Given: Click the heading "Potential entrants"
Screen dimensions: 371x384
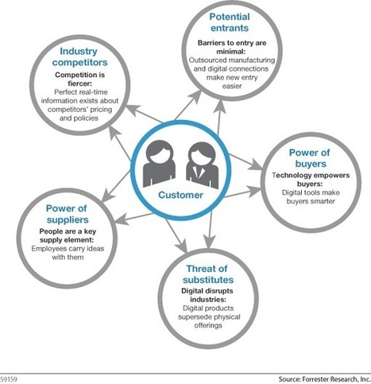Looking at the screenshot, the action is pyautogui.click(x=230, y=22).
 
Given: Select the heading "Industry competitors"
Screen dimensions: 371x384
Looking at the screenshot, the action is pyautogui.click(x=79, y=56).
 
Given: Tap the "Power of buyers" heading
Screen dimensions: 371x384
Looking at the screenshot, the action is pyautogui.click(x=310, y=158).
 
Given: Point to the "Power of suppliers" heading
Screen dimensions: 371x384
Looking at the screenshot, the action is pyautogui.click(x=67, y=214).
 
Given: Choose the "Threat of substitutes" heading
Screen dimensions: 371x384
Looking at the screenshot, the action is pyautogui.click(x=207, y=274).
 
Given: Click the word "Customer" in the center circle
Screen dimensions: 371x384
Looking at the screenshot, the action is pyautogui.click(x=180, y=195).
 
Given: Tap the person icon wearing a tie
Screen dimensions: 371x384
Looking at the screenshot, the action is pyautogui.click(x=203, y=165).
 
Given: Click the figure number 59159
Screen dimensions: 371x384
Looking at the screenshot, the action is pyautogui.click(x=9, y=379).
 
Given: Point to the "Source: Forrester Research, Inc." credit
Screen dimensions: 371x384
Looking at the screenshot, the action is pyautogui.click(x=324, y=379).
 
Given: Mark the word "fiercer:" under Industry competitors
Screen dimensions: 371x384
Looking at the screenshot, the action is pyautogui.click(x=79, y=83).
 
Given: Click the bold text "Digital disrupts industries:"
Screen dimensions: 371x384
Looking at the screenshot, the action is pyautogui.click(x=207, y=295).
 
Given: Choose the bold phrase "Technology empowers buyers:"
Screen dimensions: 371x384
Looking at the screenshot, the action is pyautogui.click(x=311, y=180).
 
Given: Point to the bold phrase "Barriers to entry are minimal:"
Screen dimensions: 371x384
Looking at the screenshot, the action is pyautogui.click(x=232, y=47).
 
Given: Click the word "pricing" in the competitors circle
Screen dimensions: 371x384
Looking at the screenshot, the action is pyautogui.click(x=102, y=110).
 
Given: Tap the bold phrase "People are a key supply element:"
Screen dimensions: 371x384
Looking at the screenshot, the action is pyautogui.click(x=68, y=235).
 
